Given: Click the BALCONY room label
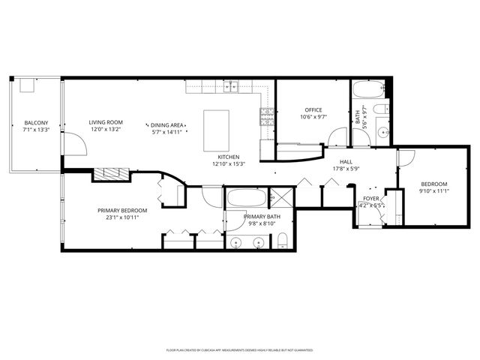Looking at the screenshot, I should coord(36,123).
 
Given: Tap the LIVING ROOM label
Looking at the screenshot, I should coord(106,123).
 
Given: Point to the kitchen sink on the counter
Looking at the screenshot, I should coord(233,86).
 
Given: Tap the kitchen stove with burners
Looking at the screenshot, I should coord(267,115).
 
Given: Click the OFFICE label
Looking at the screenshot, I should coord(313,110).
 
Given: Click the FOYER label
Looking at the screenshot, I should coord(370,199).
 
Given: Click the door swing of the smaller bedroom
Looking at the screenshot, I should coord(406,157).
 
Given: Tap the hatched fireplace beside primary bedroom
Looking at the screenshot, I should coord(111,174).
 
